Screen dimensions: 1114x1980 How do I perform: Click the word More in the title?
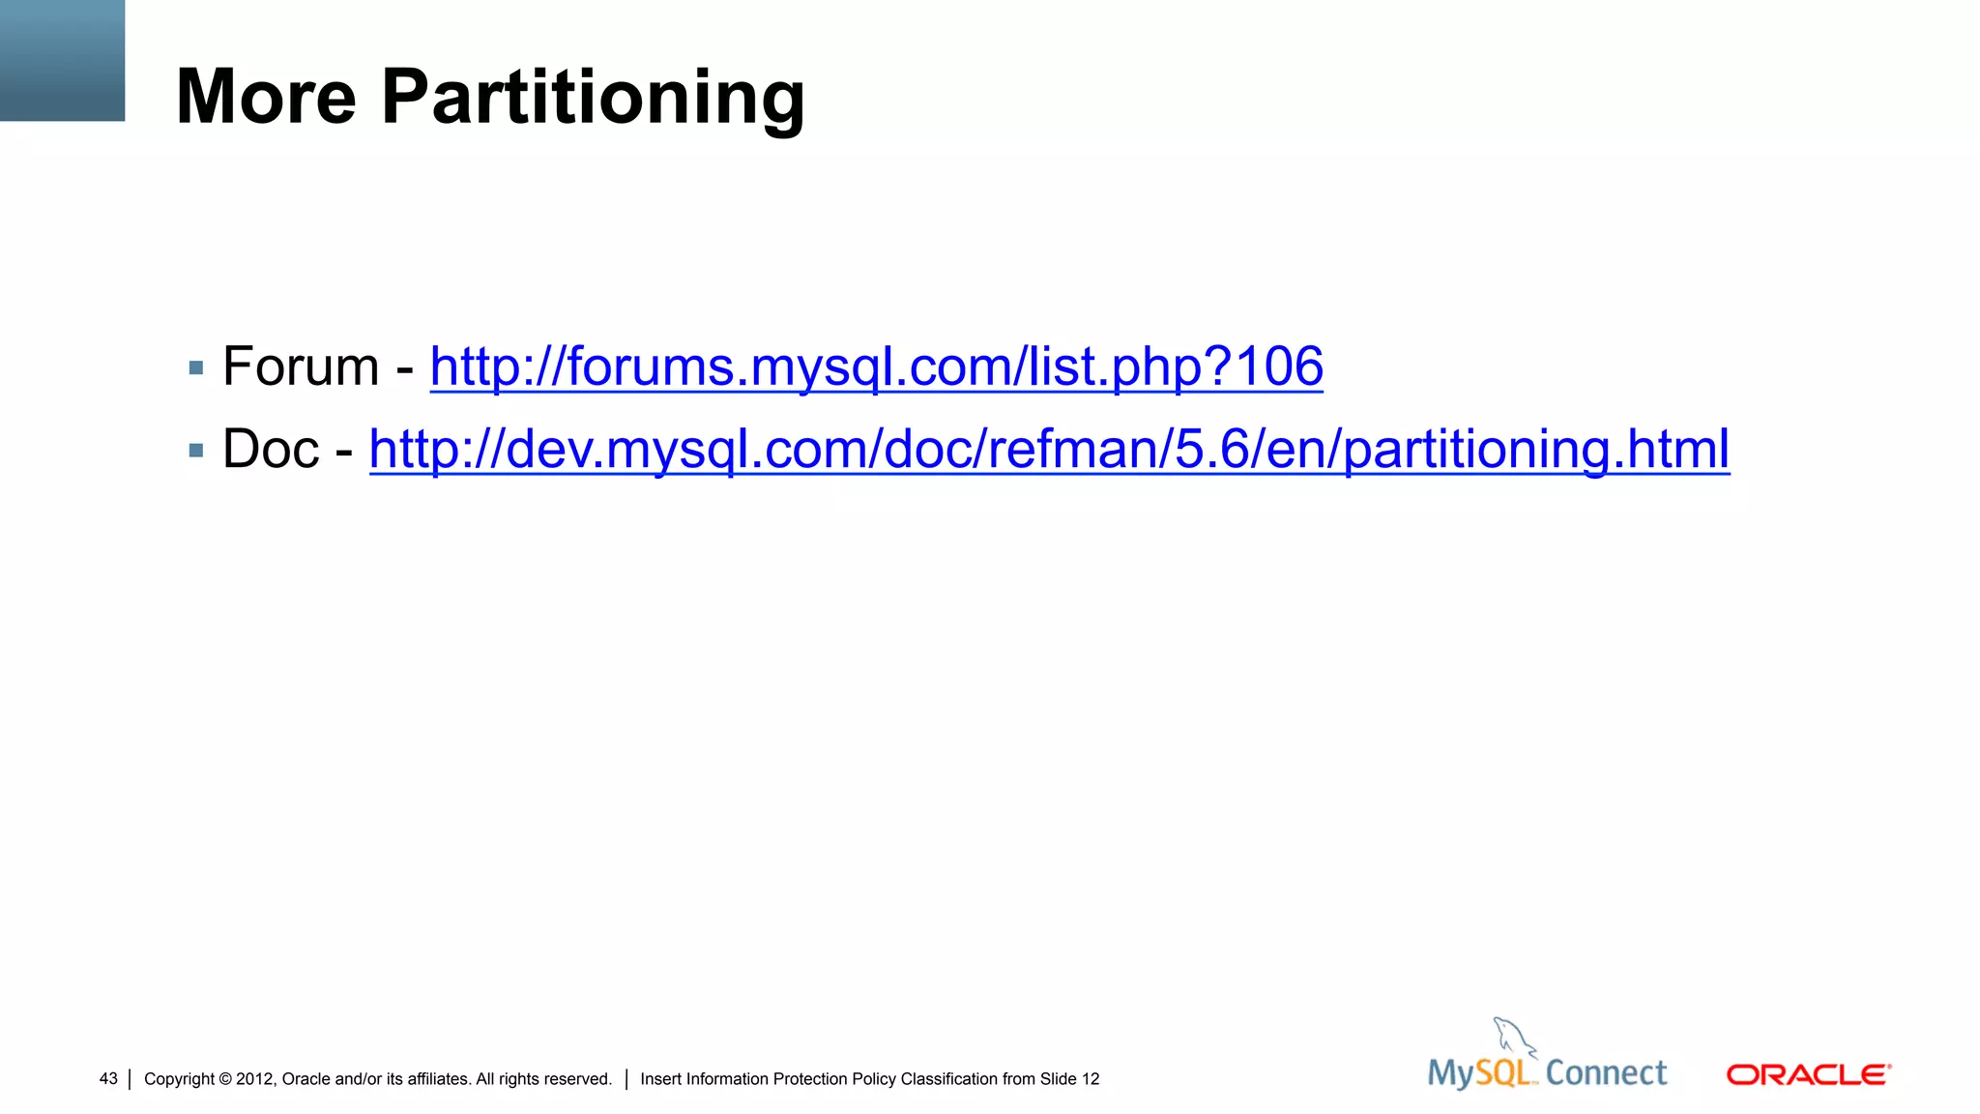point(267,97)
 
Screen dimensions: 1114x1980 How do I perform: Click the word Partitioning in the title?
point(593,99)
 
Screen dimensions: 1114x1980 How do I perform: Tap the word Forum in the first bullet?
point(301,366)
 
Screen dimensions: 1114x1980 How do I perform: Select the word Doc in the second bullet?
point(271,449)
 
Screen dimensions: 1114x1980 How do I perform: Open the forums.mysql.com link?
point(876,367)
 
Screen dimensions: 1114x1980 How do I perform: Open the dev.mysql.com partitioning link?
point(1049,450)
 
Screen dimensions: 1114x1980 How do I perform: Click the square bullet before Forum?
point(196,367)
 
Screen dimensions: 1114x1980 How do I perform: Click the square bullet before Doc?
point(196,450)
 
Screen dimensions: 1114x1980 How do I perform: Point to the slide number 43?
point(108,1078)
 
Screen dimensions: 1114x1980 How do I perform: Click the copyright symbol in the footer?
point(225,1079)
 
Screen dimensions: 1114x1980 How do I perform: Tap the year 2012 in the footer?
point(255,1079)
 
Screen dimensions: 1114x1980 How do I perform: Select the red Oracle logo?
point(1808,1075)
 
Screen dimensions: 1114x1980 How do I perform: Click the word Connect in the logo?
point(1606,1073)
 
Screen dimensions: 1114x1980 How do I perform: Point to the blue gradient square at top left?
point(62,60)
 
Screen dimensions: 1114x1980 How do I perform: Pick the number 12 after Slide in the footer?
point(1091,1079)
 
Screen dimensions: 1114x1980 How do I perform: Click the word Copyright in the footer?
point(179,1079)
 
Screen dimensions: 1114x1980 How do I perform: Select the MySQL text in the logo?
point(1479,1073)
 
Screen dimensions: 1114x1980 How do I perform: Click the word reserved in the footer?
point(581,1079)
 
